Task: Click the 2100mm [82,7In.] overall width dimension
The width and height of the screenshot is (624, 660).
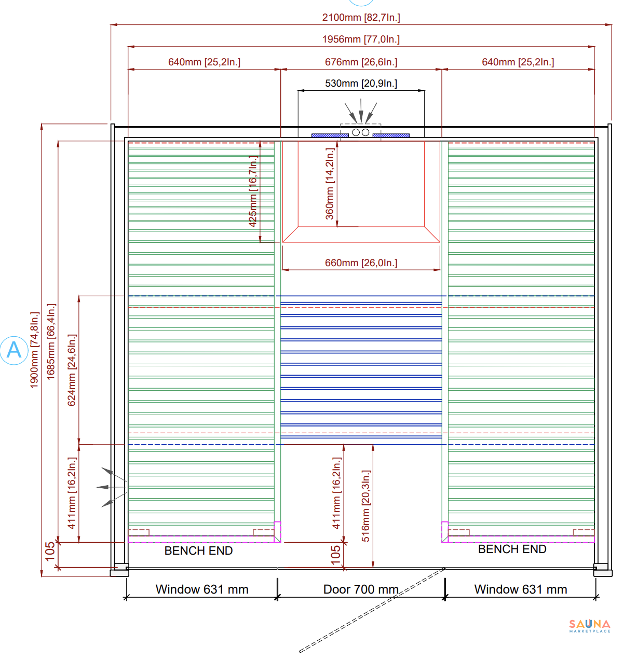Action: pos(361,17)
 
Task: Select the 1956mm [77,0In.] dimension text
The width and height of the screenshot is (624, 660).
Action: pos(361,39)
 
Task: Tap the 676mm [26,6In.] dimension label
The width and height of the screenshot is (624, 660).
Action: pos(361,62)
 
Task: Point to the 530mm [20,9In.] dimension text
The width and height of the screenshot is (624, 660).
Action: pos(361,83)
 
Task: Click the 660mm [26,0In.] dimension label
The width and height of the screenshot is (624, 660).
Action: pos(361,263)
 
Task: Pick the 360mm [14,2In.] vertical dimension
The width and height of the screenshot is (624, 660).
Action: pos(330,184)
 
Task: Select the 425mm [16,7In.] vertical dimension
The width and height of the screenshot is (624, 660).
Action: pos(253,191)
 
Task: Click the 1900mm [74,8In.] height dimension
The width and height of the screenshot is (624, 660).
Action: pos(35,350)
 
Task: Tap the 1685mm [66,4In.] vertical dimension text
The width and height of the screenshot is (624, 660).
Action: pos(51,341)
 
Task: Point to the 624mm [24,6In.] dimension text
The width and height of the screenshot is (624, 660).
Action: pos(72,370)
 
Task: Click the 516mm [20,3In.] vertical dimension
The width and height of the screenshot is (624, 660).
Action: pos(365,506)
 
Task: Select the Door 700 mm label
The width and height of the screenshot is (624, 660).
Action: pos(361,589)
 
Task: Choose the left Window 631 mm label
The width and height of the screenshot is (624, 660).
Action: pos(202,589)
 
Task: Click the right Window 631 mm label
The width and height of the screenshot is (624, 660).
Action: pos(521,589)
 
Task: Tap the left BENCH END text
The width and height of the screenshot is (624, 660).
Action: pos(199,551)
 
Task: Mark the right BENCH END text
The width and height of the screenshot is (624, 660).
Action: pos(512,549)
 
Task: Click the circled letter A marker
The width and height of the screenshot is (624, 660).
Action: pos(14,350)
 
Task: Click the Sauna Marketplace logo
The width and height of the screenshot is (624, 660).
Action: pos(590,626)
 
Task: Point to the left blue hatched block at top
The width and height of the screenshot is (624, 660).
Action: pos(330,135)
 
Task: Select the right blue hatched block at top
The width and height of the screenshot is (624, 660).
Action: pos(391,135)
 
